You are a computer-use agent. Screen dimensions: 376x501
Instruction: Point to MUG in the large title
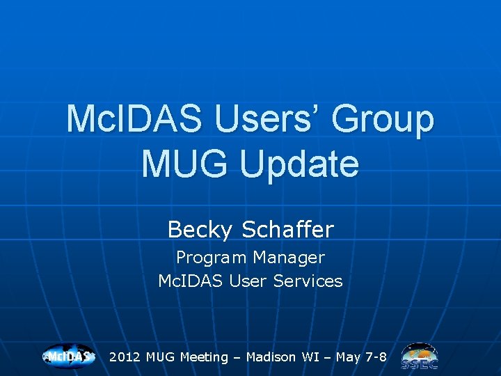click(182, 164)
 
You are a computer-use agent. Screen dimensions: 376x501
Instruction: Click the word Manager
click(289, 258)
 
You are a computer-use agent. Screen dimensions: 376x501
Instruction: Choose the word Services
click(308, 281)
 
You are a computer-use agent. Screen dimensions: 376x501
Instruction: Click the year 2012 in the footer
click(125, 357)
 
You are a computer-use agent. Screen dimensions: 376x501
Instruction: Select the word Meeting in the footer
click(204, 357)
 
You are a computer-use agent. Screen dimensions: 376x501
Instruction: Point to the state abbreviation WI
click(310, 357)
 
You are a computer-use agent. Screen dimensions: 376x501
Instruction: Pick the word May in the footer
click(349, 357)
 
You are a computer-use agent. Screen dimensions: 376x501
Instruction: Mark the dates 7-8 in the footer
click(376, 357)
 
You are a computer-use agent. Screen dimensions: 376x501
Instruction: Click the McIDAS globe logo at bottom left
click(68, 357)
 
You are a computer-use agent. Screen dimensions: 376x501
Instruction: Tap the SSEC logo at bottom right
click(419, 357)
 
